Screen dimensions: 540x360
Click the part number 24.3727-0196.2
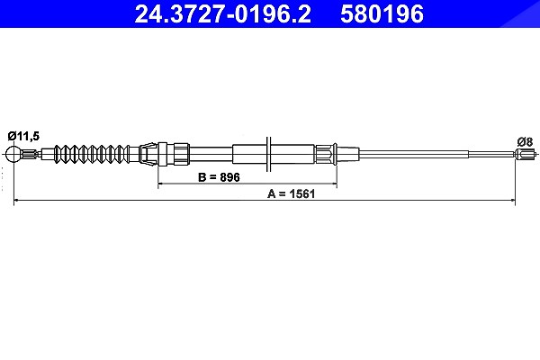click(x=222, y=13)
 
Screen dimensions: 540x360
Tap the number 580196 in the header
click(x=382, y=13)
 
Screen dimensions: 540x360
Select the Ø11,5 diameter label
click(x=23, y=136)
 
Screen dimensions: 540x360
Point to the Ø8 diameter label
click(x=525, y=141)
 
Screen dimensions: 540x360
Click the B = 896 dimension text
click(x=219, y=177)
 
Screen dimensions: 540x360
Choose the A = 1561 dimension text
click(x=292, y=194)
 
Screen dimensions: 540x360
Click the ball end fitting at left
click(x=13, y=154)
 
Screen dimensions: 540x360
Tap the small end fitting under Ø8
click(x=526, y=154)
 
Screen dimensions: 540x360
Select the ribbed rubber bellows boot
click(x=92, y=154)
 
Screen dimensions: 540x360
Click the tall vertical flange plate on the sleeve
click(x=269, y=154)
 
